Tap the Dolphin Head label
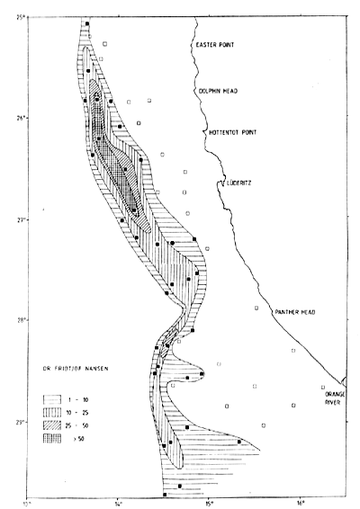[216, 90]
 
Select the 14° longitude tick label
[118, 502]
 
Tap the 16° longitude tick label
[299, 502]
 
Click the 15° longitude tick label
[208, 502]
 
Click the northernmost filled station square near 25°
[86, 24]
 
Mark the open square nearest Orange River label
[322, 388]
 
